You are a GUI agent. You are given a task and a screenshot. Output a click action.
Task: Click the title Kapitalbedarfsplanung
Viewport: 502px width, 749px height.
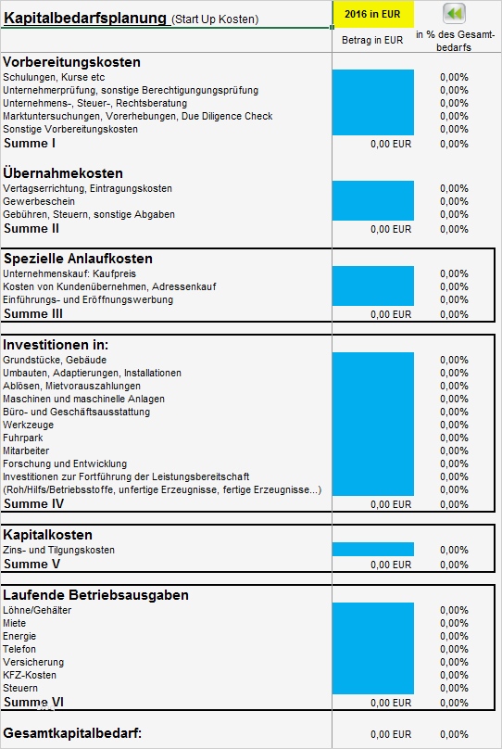pyautogui.click(x=85, y=18)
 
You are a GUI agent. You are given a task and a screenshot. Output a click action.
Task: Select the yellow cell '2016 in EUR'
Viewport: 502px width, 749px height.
pyautogui.click(x=372, y=13)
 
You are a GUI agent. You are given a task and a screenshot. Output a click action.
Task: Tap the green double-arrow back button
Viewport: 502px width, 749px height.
pyautogui.click(x=454, y=13)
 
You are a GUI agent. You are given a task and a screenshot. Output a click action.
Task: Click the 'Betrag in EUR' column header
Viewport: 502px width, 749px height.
pyautogui.click(x=372, y=40)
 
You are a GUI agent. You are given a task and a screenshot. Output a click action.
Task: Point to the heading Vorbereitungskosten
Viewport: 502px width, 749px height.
pyautogui.click(x=72, y=62)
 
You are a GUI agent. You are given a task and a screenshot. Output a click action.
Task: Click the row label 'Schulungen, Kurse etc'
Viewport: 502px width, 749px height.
pyautogui.click(x=54, y=77)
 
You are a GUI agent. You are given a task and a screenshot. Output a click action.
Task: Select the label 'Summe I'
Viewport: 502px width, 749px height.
pyautogui.click(x=31, y=143)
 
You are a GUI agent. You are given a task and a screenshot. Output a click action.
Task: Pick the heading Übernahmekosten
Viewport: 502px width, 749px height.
pyautogui.click(x=63, y=173)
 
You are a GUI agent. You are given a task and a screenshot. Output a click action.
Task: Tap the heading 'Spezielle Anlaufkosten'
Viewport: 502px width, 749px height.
pyautogui.click(x=79, y=259)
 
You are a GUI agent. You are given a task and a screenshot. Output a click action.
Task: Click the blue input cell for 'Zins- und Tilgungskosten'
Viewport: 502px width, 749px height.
pyautogui.click(x=372, y=550)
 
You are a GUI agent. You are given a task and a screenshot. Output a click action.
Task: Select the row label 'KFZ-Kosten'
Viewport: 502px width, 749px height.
pyautogui.click(x=30, y=675)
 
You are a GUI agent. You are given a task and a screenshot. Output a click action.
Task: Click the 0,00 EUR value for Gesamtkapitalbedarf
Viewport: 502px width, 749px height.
pyautogui.click(x=390, y=734)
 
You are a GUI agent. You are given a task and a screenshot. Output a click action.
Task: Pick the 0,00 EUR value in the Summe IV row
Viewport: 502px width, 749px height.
pyautogui.click(x=390, y=504)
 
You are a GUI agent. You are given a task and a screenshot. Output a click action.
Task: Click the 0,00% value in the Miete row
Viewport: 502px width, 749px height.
pyautogui.click(x=454, y=623)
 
